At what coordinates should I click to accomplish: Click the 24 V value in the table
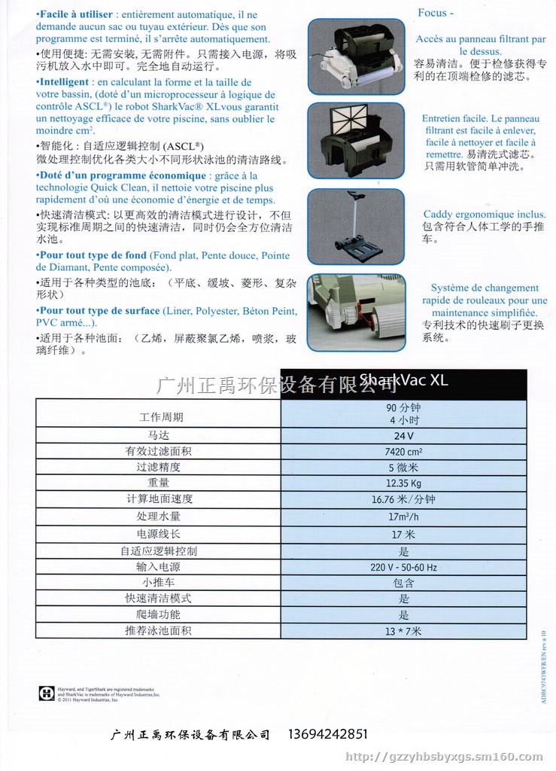(403, 435)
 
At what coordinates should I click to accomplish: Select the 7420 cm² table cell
(403, 451)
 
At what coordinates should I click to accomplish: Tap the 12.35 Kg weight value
(403, 483)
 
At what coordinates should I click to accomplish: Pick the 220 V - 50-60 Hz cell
(403, 567)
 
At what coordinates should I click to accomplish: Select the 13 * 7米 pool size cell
(403, 630)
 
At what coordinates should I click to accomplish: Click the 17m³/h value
(403, 516)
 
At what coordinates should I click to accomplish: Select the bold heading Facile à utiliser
(77, 15)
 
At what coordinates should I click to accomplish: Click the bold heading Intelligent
(64, 82)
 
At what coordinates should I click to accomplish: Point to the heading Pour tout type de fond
(93, 255)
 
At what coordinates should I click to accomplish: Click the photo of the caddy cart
(356, 226)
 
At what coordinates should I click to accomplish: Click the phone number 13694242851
(329, 734)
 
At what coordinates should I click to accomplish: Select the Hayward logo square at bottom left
(46, 693)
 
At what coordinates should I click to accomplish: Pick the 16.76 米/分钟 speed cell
(403, 499)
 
